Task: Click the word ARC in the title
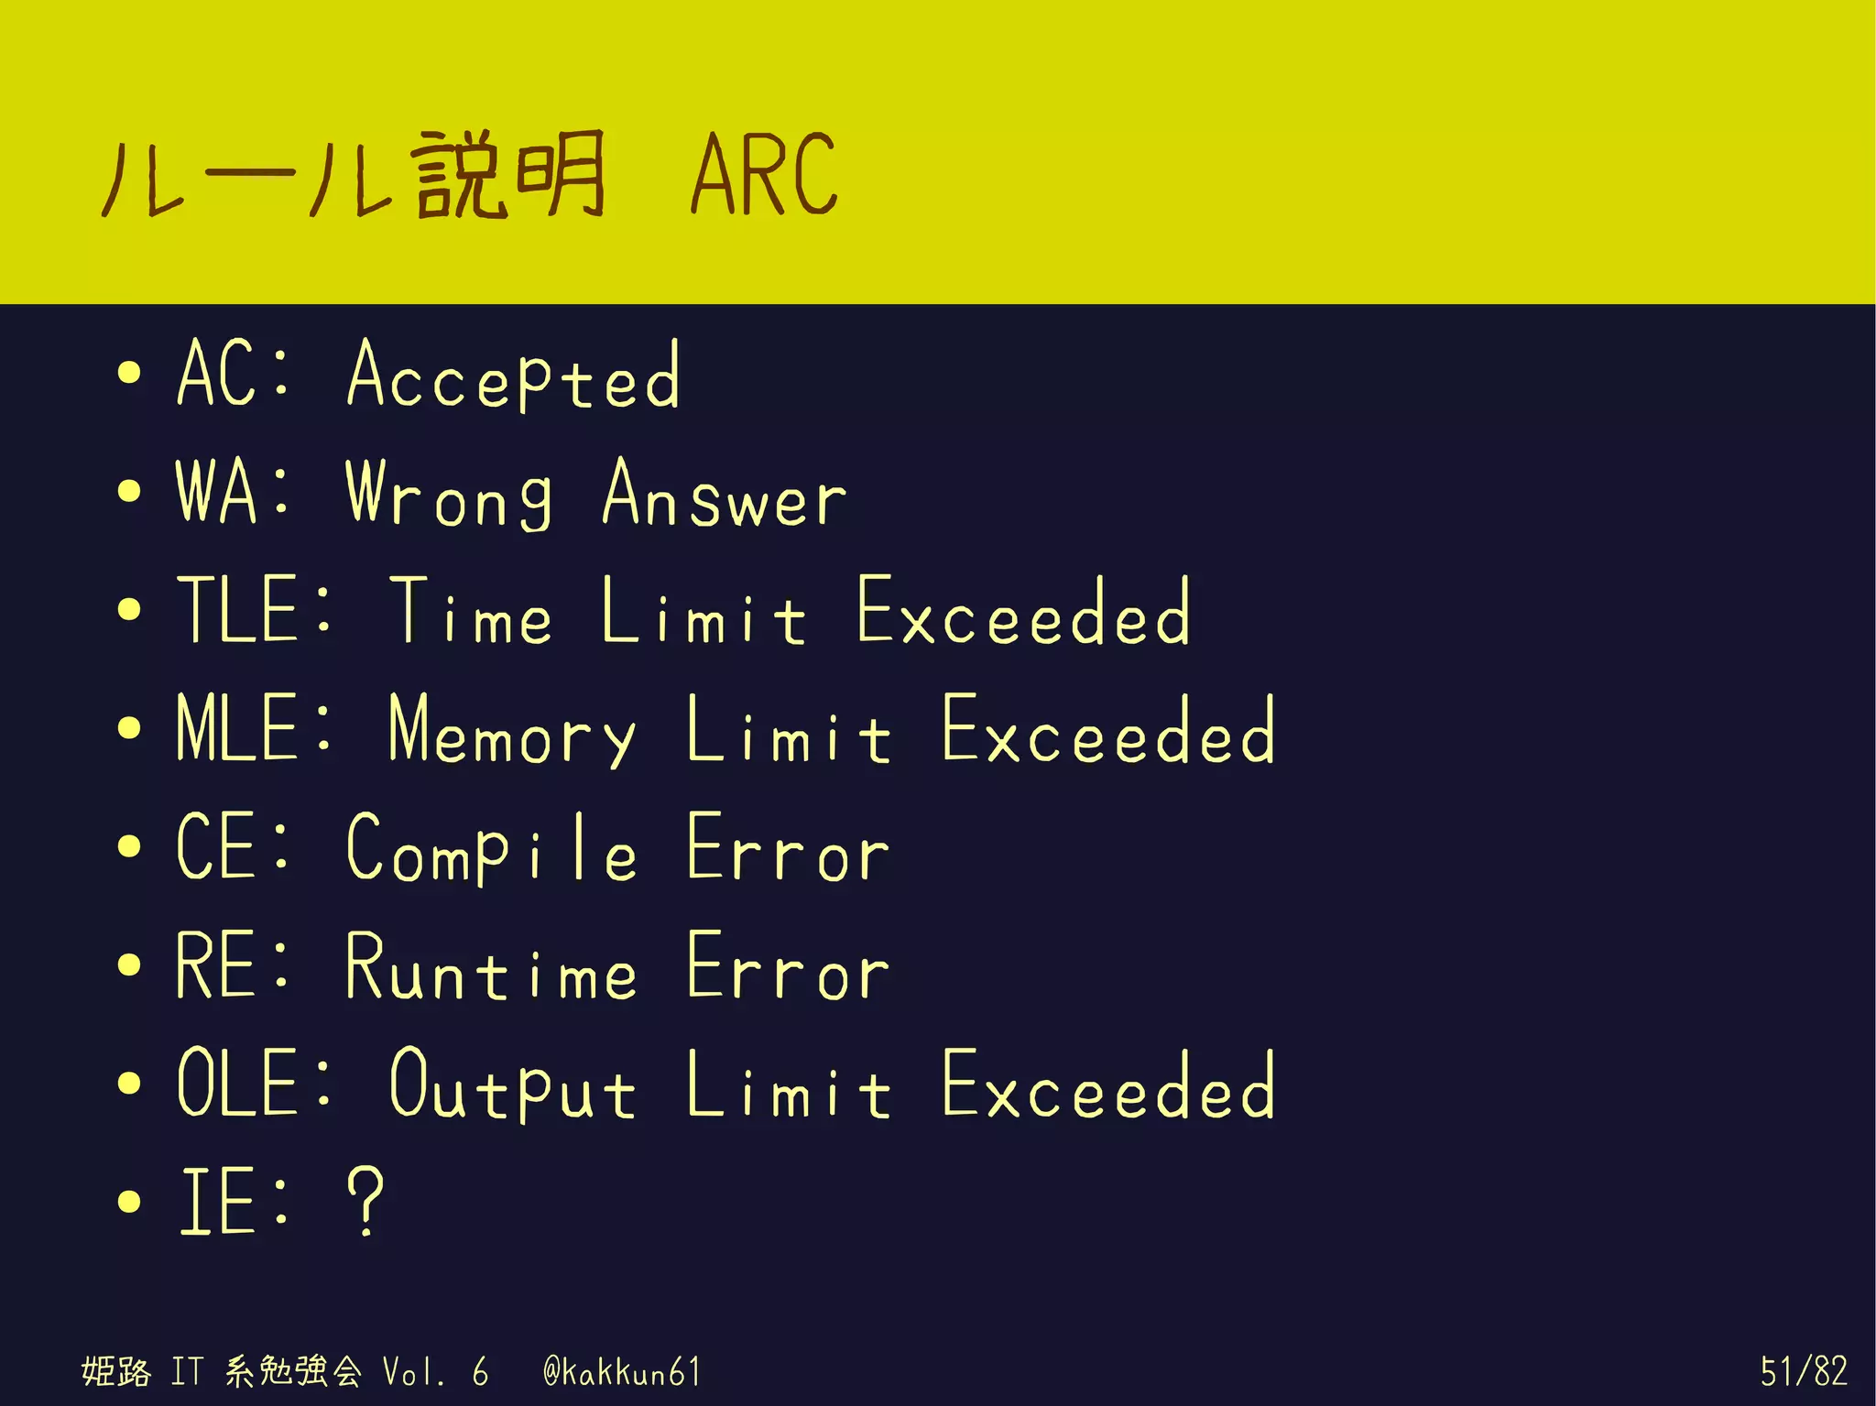pos(764,174)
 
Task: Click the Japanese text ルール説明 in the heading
pos(354,174)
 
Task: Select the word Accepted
pos(514,376)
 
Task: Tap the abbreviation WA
pos(217,493)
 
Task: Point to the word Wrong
pos(449,495)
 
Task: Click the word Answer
pos(725,495)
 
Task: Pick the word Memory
pos(511,731)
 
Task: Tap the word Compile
pos(492,848)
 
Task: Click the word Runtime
pos(491,966)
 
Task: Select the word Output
pos(512,1086)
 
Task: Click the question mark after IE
pos(366,1201)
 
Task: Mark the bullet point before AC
pos(130,373)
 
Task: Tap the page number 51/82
pos(1803,1372)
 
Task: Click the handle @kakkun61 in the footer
pos(622,1372)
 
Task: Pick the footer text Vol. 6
pos(435,1372)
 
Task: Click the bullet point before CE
pos(130,846)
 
